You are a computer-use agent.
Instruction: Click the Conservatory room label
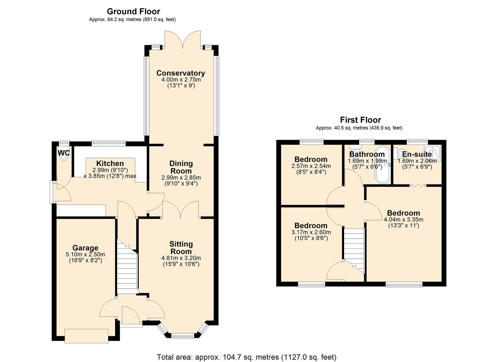(x=181, y=73)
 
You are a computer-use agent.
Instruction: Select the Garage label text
(x=85, y=248)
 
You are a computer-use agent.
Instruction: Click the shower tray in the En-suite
(x=433, y=152)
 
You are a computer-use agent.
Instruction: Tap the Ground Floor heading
(x=133, y=11)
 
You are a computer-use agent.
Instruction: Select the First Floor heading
(x=360, y=120)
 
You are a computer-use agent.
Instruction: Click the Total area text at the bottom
(x=247, y=357)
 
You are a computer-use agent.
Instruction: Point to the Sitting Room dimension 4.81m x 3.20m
(x=181, y=258)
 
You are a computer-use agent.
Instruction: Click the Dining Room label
(x=181, y=167)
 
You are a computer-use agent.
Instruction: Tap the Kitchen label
(x=110, y=164)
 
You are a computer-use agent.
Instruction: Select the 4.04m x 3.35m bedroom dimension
(x=403, y=220)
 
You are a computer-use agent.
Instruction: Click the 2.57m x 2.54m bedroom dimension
(x=311, y=166)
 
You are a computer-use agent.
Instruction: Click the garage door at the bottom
(x=87, y=336)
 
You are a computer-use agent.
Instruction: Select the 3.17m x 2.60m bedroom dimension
(x=311, y=232)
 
